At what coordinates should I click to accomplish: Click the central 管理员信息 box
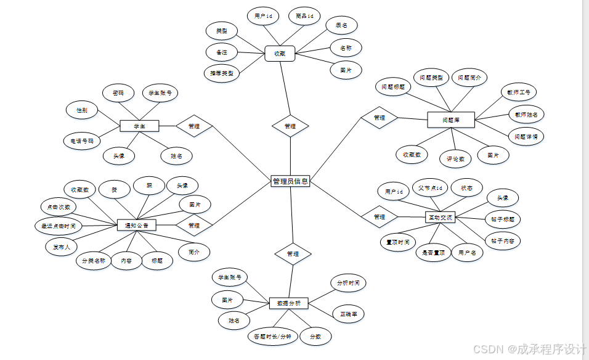tap(290, 181)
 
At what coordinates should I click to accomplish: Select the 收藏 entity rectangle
tap(280, 54)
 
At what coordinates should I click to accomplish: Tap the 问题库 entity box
tap(451, 119)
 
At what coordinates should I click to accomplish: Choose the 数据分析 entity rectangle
tap(288, 303)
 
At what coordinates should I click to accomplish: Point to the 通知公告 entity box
tap(137, 225)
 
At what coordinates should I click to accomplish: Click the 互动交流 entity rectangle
tap(440, 217)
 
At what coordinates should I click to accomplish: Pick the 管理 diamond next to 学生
tap(194, 126)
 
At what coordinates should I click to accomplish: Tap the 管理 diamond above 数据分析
tap(293, 253)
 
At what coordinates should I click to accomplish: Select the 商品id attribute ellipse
tap(304, 15)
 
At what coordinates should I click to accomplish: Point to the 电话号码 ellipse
tap(82, 141)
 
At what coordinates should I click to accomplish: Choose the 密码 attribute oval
tap(118, 94)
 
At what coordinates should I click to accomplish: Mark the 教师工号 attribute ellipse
tap(518, 92)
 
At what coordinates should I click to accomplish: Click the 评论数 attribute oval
tap(455, 158)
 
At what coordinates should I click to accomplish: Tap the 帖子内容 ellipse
tap(503, 240)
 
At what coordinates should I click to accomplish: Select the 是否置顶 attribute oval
tap(433, 253)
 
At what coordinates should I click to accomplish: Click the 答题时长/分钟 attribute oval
tap(272, 337)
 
